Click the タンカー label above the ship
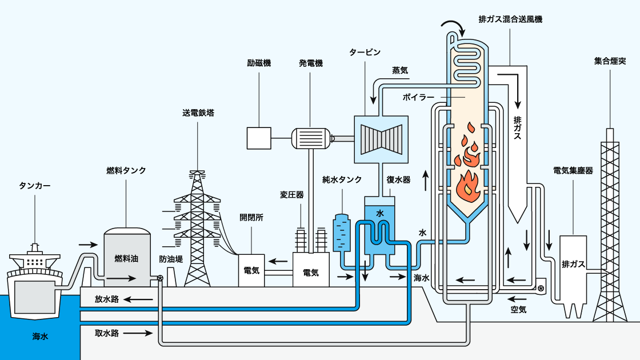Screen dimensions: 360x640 tap(35, 186)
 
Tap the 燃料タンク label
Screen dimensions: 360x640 tap(126, 170)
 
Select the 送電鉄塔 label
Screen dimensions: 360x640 tap(198, 113)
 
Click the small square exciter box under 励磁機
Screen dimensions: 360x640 tap(259, 137)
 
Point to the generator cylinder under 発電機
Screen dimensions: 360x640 tap(311, 138)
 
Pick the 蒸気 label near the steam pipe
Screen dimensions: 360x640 tap(400, 70)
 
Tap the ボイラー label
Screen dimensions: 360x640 tap(418, 98)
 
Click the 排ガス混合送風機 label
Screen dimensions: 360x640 tap(510, 19)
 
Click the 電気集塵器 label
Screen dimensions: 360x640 tap(573, 170)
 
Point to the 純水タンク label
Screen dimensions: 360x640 tap(342, 179)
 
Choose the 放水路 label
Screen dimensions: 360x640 tap(107, 299)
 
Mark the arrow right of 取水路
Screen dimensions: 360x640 tap(137, 333)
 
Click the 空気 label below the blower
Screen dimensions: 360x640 tap(518, 310)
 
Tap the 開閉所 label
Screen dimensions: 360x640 tap(251, 218)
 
